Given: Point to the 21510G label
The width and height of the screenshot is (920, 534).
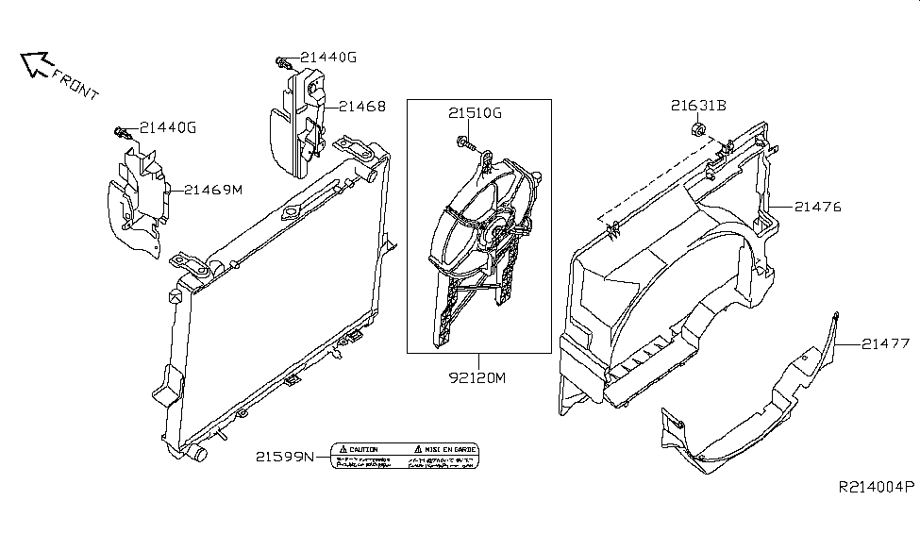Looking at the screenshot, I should point(475,114).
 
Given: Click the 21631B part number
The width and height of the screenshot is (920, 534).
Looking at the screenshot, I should point(699,106).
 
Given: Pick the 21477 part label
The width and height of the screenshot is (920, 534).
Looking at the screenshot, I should point(885,345).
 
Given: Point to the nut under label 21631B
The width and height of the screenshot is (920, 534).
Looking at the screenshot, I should point(696,129).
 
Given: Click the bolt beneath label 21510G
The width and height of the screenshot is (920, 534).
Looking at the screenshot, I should point(467,142).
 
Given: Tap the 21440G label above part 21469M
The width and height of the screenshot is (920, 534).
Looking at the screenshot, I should point(168,127).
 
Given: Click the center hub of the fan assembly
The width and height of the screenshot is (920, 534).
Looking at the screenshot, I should point(495,231).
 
